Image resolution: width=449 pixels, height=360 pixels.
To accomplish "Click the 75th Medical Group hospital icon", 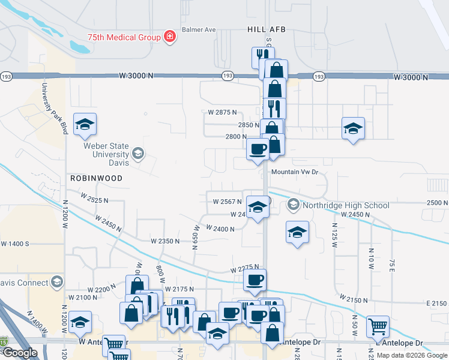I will click(170, 37).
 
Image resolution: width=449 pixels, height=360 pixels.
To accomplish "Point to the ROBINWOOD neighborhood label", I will click(96, 178).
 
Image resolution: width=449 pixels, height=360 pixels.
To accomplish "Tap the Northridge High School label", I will click(346, 205).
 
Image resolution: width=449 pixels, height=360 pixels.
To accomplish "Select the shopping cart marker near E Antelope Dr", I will click(378, 327).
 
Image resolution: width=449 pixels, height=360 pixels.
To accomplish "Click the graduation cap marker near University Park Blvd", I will click(85, 124).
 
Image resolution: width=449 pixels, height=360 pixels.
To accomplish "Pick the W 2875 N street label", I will click(222, 112).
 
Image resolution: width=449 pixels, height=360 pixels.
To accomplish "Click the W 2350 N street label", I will click(165, 241).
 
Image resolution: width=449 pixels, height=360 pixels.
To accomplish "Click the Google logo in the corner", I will click(19, 353).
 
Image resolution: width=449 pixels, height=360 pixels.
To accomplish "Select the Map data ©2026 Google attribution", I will click(411, 355).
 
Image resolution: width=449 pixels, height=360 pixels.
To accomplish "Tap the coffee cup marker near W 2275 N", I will click(255, 279).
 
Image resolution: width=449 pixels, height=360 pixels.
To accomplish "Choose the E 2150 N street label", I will click(437, 304).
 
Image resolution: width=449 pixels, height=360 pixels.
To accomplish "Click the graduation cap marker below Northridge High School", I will click(297, 232).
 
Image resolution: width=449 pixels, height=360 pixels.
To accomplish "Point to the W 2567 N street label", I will click(227, 202).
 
